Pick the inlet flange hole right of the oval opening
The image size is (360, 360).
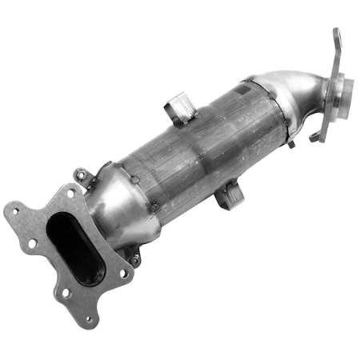(124, 273)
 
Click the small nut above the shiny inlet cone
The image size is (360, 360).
(81, 174)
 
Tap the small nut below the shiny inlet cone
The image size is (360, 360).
(134, 259)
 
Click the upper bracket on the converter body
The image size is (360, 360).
(180, 110)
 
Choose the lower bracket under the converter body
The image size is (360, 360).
(227, 194)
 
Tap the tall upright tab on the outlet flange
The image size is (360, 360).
(336, 48)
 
